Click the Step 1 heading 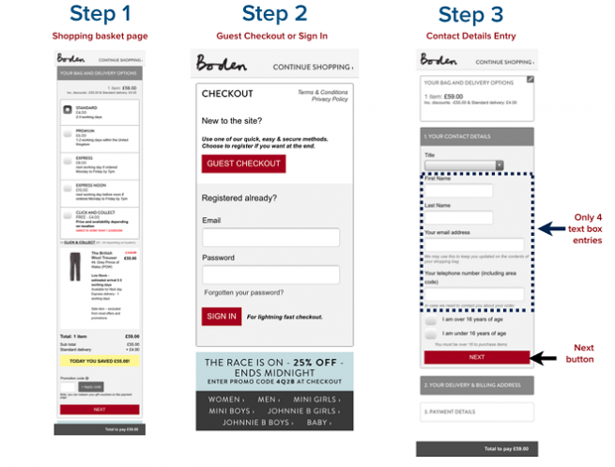(x=100, y=15)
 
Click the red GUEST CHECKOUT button (x=243, y=163)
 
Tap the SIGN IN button (x=221, y=317)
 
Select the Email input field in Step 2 (x=270, y=238)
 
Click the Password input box (x=270, y=274)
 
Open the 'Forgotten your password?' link (x=243, y=293)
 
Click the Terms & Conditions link (x=322, y=92)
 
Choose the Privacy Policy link (x=330, y=100)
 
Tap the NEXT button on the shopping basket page (x=100, y=410)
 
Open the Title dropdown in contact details (x=464, y=165)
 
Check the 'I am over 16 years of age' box (x=431, y=319)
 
